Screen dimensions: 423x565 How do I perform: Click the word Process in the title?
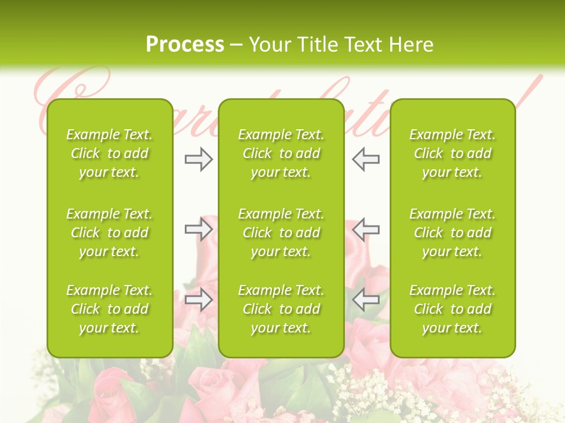click(185, 45)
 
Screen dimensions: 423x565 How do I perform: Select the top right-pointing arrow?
click(199, 159)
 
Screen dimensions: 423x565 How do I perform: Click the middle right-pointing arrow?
click(199, 229)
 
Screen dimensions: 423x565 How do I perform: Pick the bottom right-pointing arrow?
click(199, 300)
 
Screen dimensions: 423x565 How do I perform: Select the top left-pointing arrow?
click(366, 159)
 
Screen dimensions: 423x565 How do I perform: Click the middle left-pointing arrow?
click(366, 229)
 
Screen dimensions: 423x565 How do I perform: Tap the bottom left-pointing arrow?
click(366, 300)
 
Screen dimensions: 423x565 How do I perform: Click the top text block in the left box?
click(109, 153)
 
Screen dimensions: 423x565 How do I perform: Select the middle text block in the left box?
click(109, 233)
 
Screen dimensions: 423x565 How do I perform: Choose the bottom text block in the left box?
click(109, 309)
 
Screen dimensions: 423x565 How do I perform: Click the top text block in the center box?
click(281, 153)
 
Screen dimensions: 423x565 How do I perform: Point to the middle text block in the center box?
click(281, 233)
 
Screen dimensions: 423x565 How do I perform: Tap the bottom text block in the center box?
click(281, 309)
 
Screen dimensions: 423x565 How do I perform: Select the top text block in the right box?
click(453, 153)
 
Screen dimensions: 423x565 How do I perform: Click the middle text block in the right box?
click(453, 233)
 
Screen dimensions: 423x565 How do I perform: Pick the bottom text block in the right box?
click(453, 309)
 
